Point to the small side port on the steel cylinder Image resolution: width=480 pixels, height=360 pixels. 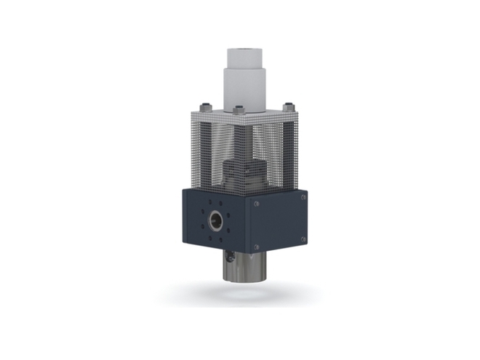coord(227,255)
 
